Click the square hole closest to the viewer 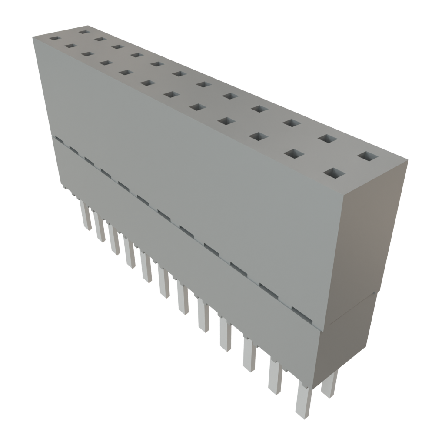pos(334,174)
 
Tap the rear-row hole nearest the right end pos(368,156)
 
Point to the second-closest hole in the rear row pos(328,139)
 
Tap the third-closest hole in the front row pos(259,136)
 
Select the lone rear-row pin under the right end pos(329,383)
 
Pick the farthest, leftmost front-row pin pos(86,215)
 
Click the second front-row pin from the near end pos(275,376)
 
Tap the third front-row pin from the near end pos(249,354)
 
